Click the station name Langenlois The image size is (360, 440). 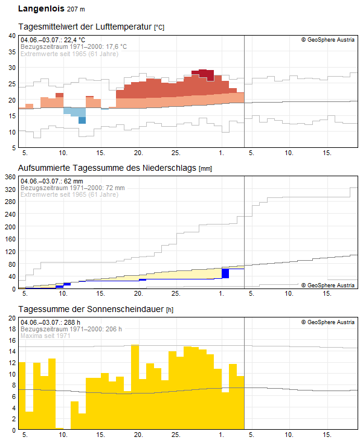point(41,8)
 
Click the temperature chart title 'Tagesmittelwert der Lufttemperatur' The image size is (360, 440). point(85,27)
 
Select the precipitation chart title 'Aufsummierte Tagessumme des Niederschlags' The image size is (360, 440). point(108,168)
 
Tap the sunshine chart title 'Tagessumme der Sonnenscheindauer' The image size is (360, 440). point(91,309)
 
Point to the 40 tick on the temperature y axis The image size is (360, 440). point(12,36)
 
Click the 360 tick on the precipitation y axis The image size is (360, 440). point(10,177)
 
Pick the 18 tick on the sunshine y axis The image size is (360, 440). point(12,329)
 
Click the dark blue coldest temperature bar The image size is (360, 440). point(82,120)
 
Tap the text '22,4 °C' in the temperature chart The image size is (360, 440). point(74,40)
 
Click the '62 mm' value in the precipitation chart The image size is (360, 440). point(73,181)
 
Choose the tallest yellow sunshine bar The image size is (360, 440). point(135,387)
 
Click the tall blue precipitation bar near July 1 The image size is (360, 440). point(225,273)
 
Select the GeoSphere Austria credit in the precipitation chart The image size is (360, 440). point(328,285)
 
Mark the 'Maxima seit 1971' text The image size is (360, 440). point(45,336)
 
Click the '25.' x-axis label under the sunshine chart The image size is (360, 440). point(176,435)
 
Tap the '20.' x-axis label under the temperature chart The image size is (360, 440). point(138,153)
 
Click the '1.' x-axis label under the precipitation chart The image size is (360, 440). point(222,293)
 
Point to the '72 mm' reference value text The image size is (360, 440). point(115,188)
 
